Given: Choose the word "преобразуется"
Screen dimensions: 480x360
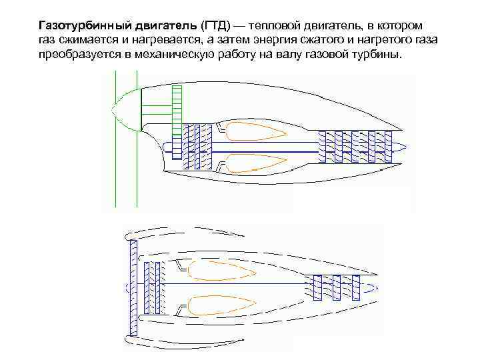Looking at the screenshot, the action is [75, 54].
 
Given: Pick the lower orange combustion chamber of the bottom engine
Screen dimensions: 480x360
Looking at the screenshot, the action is [220, 305].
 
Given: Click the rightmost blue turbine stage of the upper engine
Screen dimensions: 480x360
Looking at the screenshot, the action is [387, 146].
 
